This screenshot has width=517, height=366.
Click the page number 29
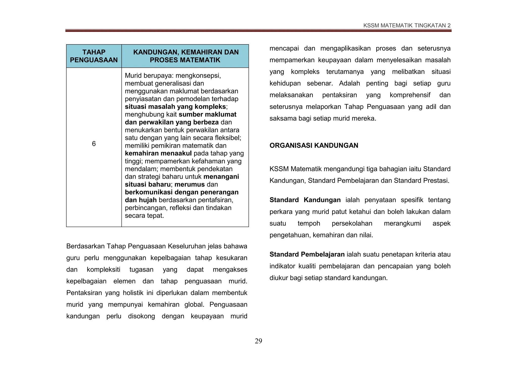(x=258, y=341)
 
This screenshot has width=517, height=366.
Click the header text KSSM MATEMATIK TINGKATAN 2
(x=407, y=26)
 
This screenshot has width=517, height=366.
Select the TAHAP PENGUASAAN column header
(x=94, y=56)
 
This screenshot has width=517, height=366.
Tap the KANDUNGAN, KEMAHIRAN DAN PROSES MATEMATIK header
(x=186, y=56)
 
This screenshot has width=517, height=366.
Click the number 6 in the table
(x=94, y=144)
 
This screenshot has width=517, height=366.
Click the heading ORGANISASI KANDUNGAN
(x=314, y=146)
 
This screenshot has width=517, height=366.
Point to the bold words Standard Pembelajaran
(x=307, y=255)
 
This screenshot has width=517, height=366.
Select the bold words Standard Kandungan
(x=305, y=200)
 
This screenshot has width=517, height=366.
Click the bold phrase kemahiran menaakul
(x=158, y=153)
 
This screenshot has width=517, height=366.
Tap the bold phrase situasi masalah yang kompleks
(x=175, y=107)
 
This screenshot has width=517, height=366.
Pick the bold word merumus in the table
(x=190, y=185)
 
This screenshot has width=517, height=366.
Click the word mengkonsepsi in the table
(x=198, y=76)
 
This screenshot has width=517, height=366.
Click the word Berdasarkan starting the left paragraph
(x=85, y=246)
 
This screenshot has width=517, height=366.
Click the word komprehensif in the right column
(x=410, y=95)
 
